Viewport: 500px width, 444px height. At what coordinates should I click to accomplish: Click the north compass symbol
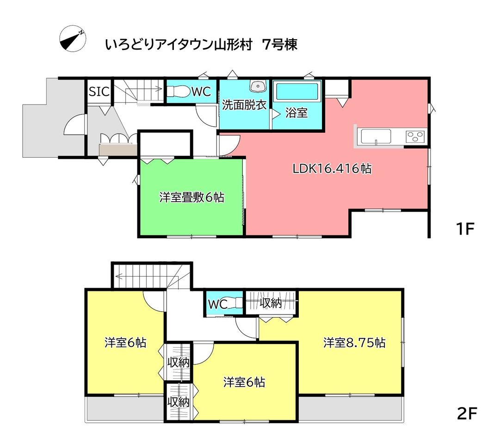(x=73, y=38)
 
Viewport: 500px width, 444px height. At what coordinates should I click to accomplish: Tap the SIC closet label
(x=99, y=92)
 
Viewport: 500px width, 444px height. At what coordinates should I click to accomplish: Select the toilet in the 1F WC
(x=178, y=92)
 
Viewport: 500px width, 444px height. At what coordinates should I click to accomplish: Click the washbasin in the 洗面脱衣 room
(x=258, y=86)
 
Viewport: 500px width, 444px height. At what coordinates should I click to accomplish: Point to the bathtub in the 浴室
(x=297, y=92)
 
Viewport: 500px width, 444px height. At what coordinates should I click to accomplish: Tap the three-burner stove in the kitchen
(x=415, y=137)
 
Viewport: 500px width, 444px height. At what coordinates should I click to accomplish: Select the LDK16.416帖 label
(x=332, y=168)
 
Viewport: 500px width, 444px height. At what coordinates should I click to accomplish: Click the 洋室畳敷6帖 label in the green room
(x=191, y=197)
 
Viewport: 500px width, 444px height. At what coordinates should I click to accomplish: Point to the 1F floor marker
(x=465, y=228)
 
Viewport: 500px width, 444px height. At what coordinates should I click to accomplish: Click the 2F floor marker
(x=467, y=413)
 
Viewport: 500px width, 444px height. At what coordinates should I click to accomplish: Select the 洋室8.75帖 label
(x=354, y=343)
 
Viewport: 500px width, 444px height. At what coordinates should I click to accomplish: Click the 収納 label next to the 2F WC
(x=271, y=302)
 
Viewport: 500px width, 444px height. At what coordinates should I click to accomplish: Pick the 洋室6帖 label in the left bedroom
(x=125, y=343)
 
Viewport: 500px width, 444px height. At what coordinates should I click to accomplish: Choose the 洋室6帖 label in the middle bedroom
(x=244, y=382)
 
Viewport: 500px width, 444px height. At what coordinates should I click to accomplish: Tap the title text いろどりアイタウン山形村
(x=179, y=45)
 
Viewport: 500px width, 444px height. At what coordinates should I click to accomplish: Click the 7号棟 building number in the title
(x=280, y=45)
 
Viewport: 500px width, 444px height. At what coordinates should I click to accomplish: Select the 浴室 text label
(x=296, y=112)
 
